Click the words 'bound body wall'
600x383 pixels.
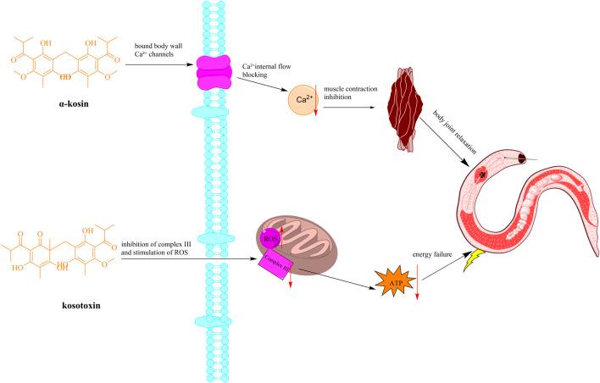pos(165,47)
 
